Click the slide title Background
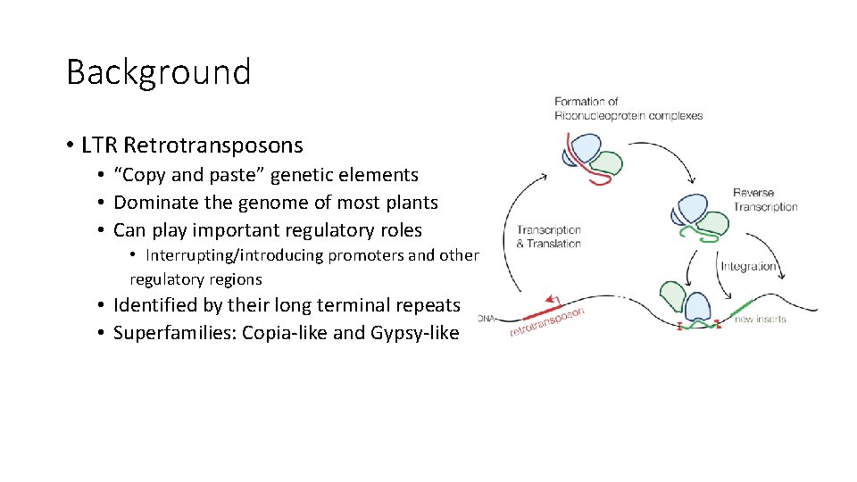158,72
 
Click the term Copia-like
284,334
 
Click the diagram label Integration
748,266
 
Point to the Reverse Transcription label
765,200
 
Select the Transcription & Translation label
548,237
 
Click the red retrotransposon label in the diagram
547,324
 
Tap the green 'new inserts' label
760,319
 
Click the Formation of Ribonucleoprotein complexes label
628,108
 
